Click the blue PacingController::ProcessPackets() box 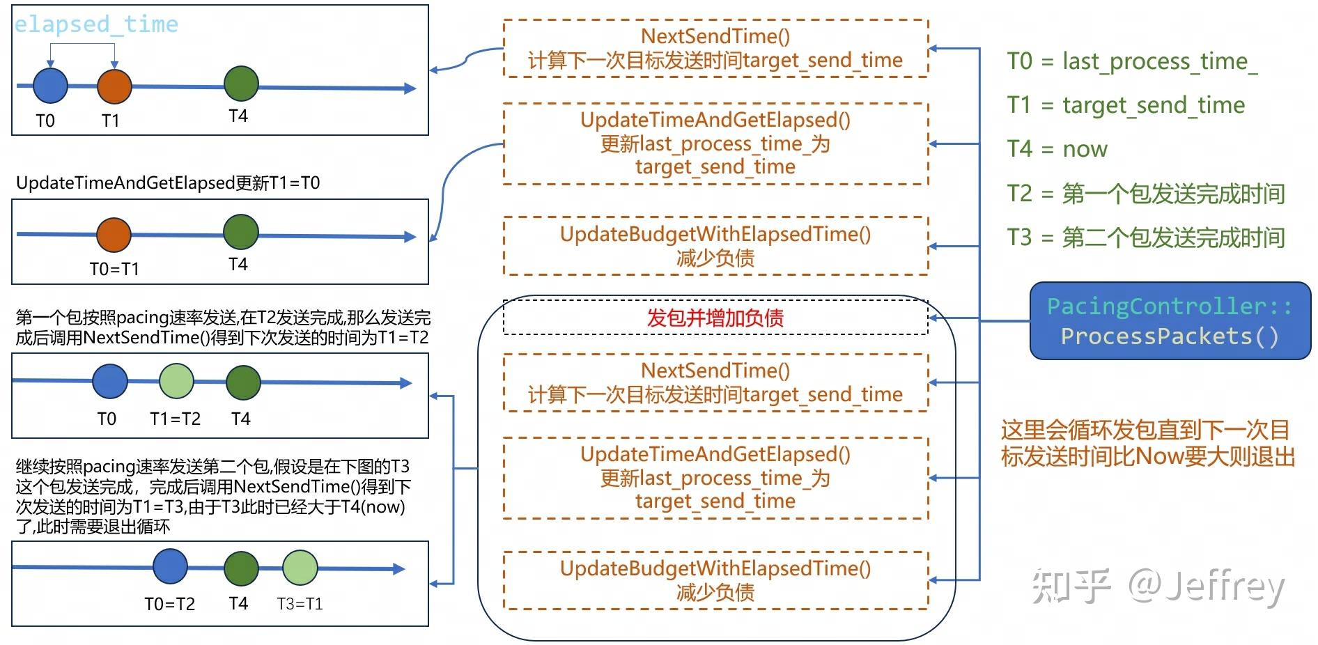[x=1170, y=321]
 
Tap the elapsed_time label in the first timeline [x=96, y=24]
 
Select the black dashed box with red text [x=715, y=318]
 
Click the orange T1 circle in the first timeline [x=114, y=86]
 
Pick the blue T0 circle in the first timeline [x=50, y=86]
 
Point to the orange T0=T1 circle [x=114, y=235]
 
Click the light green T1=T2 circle [x=176, y=381]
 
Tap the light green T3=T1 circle [x=300, y=567]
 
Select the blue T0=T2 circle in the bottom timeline [x=170, y=566]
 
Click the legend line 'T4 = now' [x=1057, y=149]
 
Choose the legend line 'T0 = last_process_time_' [x=1132, y=61]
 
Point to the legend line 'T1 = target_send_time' [x=1126, y=105]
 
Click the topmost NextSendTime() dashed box [x=715, y=48]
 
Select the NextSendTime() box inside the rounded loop [x=715, y=382]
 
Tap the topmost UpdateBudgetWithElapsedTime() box [x=715, y=246]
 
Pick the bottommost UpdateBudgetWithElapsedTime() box [x=715, y=580]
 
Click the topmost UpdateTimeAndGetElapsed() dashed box [x=715, y=143]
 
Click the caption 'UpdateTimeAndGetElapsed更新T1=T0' [x=168, y=183]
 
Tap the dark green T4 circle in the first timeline [x=241, y=84]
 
